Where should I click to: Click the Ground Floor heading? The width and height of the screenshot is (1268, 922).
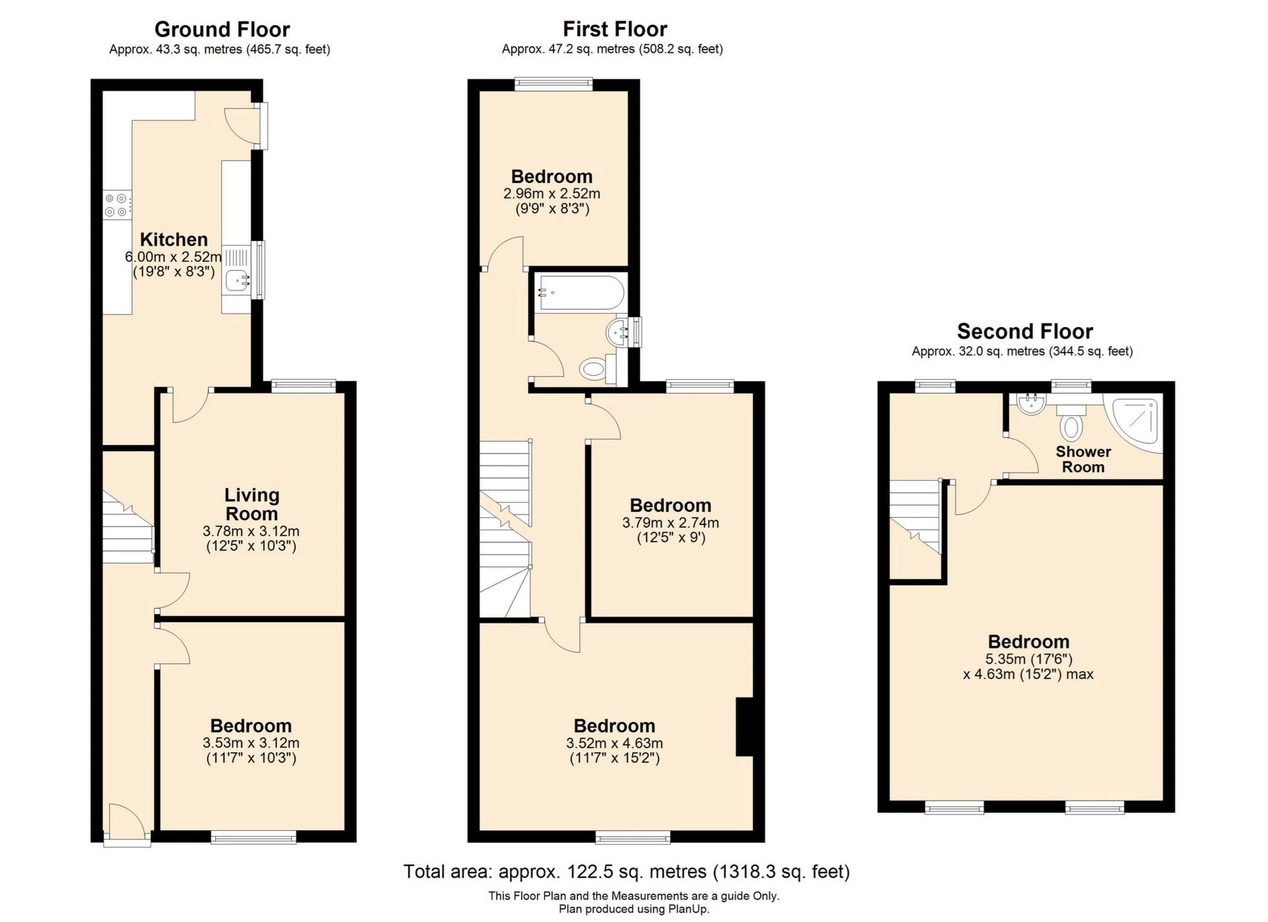pos(222,30)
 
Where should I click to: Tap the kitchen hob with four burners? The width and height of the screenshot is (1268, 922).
pos(116,205)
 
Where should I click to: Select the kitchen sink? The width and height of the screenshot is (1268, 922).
pos(236,280)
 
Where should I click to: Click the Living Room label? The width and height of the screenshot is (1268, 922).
pos(252,504)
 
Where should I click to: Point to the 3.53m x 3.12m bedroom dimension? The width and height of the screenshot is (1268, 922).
pos(251,743)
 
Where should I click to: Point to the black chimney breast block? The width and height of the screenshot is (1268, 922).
pos(744,727)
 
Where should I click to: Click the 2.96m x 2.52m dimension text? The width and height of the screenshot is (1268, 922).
pos(551,194)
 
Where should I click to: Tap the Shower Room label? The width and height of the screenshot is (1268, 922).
pos(1083,460)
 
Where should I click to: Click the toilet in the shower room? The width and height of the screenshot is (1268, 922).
pos(1071,423)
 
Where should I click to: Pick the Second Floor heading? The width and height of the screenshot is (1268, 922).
pos(1024,332)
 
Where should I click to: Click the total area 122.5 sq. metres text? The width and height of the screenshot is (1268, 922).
pos(626,872)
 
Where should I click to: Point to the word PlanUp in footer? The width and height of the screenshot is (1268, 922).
pos(687,909)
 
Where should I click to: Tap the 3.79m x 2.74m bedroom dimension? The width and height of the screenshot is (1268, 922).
pos(670,523)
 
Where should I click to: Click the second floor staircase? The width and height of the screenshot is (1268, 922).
pos(915,515)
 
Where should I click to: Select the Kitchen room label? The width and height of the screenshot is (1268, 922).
pos(174,240)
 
